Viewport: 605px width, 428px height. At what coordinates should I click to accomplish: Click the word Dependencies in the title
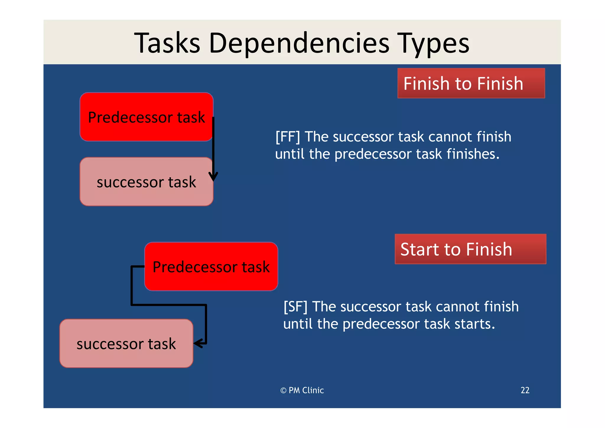point(299,43)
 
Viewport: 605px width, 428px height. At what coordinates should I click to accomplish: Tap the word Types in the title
point(433,43)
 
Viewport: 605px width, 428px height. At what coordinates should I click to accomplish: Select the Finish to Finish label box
point(471,83)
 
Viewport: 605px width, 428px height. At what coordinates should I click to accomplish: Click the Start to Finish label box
point(470,249)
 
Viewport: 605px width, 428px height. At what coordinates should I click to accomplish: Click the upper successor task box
point(146,182)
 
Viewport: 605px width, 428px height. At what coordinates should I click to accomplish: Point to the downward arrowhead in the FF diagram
point(213,177)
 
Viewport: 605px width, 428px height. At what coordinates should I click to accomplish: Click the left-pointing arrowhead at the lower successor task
point(198,343)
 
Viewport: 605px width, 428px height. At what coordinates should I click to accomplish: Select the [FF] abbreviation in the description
point(287,137)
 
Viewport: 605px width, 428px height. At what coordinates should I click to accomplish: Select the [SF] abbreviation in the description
point(295,307)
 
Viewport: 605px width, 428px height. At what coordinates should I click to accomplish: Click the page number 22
point(525,390)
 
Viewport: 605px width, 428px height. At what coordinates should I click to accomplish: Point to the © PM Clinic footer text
point(302,390)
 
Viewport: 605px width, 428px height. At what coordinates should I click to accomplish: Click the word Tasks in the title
point(167,43)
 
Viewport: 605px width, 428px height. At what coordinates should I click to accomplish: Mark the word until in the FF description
point(290,154)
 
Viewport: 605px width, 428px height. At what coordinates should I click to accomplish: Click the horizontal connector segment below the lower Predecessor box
point(168,305)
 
